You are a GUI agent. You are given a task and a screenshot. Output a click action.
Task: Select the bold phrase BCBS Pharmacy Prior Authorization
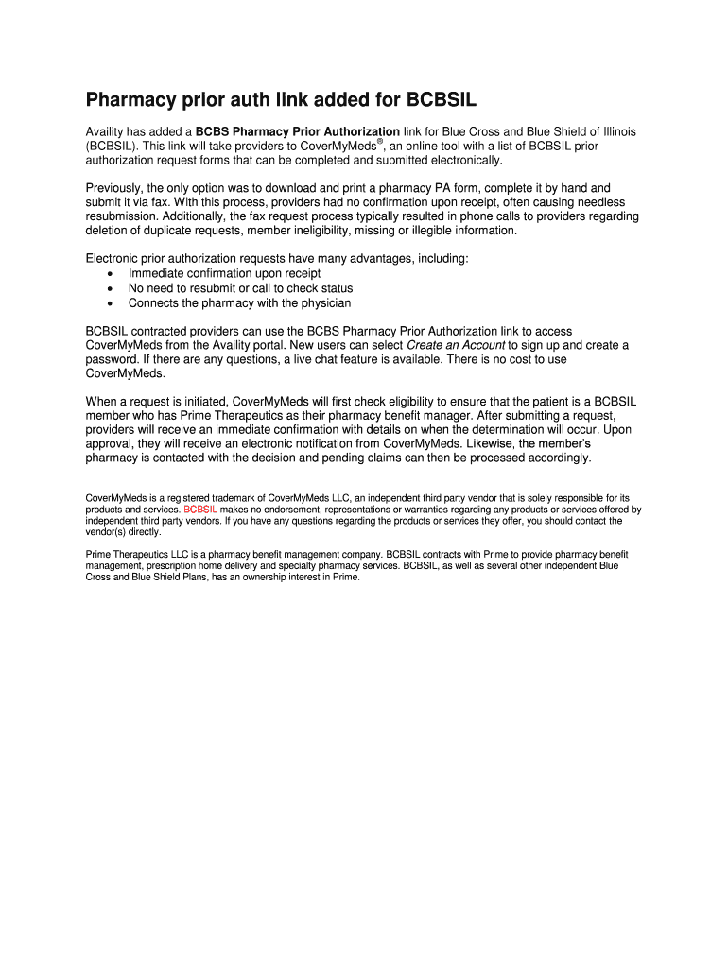tap(298, 131)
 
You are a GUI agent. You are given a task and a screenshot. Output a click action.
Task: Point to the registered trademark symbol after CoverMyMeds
tap(379, 142)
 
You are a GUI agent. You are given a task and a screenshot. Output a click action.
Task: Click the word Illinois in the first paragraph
tap(614, 131)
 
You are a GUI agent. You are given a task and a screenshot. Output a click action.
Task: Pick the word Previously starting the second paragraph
tap(115, 188)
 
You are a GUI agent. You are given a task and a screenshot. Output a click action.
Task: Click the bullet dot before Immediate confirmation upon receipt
tap(112, 274)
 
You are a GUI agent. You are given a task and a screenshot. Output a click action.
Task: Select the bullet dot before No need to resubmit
tap(112, 289)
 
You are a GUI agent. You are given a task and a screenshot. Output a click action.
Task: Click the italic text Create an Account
tap(456, 345)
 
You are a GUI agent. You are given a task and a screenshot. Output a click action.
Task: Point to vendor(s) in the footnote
tap(108, 531)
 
